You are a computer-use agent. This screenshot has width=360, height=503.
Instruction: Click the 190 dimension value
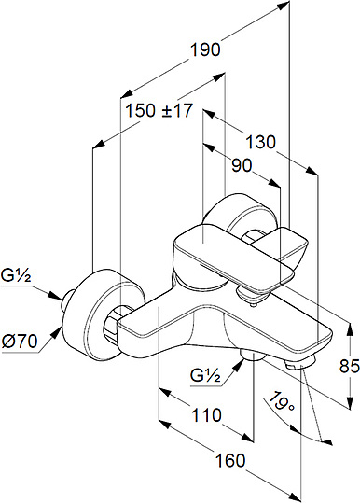tap(205, 50)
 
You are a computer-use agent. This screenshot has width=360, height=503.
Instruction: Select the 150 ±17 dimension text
tap(159, 111)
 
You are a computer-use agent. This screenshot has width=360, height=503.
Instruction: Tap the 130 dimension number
tap(260, 142)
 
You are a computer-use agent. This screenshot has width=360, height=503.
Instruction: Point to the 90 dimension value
tap(242, 165)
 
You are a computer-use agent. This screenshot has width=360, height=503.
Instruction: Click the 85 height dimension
tap(350, 366)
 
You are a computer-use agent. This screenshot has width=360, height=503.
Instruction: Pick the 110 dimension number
tap(206, 414)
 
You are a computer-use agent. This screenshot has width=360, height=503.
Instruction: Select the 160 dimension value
tap(230, 460)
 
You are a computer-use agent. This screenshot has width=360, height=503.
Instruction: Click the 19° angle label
tap(282, 401)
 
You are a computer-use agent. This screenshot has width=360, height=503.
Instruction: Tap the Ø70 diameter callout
tap(20, 342)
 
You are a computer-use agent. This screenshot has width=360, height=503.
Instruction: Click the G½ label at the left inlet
tap(16, 275)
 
